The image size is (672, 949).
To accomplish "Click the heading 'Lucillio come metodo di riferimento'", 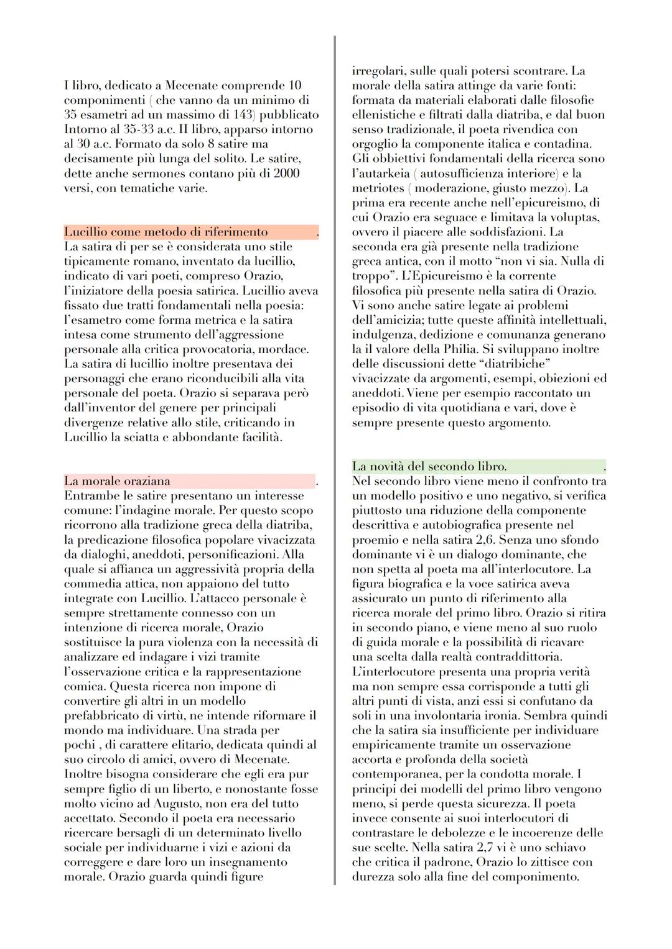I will click(x=166, y=232).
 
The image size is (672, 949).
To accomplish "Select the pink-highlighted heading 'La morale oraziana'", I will click(x=117, y=481).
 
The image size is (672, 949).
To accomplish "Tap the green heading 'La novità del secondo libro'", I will click(x=429, y=466).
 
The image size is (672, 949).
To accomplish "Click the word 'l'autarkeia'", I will click(x=381, y=173).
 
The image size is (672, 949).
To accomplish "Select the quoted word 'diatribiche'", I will click(x=512, y=364).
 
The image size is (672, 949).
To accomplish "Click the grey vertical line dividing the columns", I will click(x=335, y=460).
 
